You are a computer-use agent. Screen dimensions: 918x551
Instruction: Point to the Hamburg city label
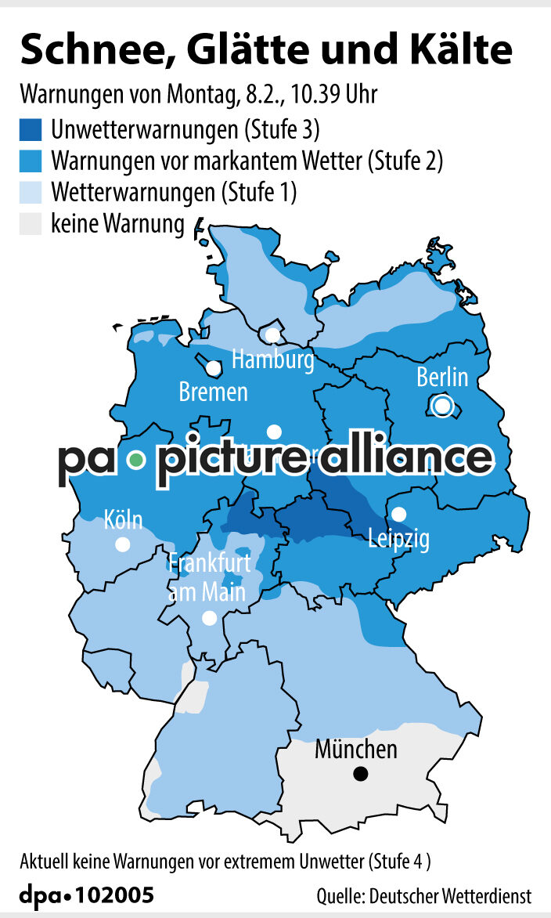273,360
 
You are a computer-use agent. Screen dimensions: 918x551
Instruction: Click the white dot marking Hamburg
272,334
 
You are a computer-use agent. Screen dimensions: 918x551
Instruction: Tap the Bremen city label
213,392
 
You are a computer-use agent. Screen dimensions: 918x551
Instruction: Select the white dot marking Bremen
213,367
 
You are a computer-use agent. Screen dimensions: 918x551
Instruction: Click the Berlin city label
442,378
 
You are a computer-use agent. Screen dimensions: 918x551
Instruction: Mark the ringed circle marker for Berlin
442,406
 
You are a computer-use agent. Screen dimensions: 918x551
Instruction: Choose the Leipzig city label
399,540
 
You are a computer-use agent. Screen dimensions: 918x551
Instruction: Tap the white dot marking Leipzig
399,515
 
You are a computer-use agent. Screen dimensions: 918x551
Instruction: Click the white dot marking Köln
123,544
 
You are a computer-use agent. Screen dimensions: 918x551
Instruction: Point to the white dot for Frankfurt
209,618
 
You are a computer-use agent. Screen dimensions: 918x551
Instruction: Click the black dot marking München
360,774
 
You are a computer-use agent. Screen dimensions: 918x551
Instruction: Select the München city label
356,750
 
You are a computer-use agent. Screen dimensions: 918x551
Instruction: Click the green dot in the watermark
137,460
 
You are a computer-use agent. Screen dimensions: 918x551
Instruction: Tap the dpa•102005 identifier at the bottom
86,895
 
